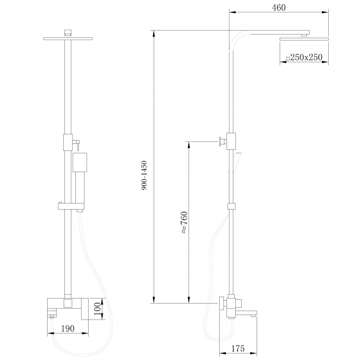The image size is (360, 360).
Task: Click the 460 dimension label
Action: tap(279, 8)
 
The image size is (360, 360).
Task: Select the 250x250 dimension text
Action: tap(306, 57)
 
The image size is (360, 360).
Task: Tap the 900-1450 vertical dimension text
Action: tap(144, 176)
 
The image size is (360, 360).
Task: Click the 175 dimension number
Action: tap(238, 348)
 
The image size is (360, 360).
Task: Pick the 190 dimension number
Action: tap(68, 328)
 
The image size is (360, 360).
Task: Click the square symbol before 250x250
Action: tap(288, 58)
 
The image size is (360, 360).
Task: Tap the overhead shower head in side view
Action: tap(304, 38)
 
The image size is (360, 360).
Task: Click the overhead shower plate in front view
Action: tap(68, 38)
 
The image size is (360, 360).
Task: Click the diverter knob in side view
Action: tap(221, 141)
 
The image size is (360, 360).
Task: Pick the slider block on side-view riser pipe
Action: tap(231, 206)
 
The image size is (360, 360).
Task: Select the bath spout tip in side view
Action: tap(253, 316)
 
